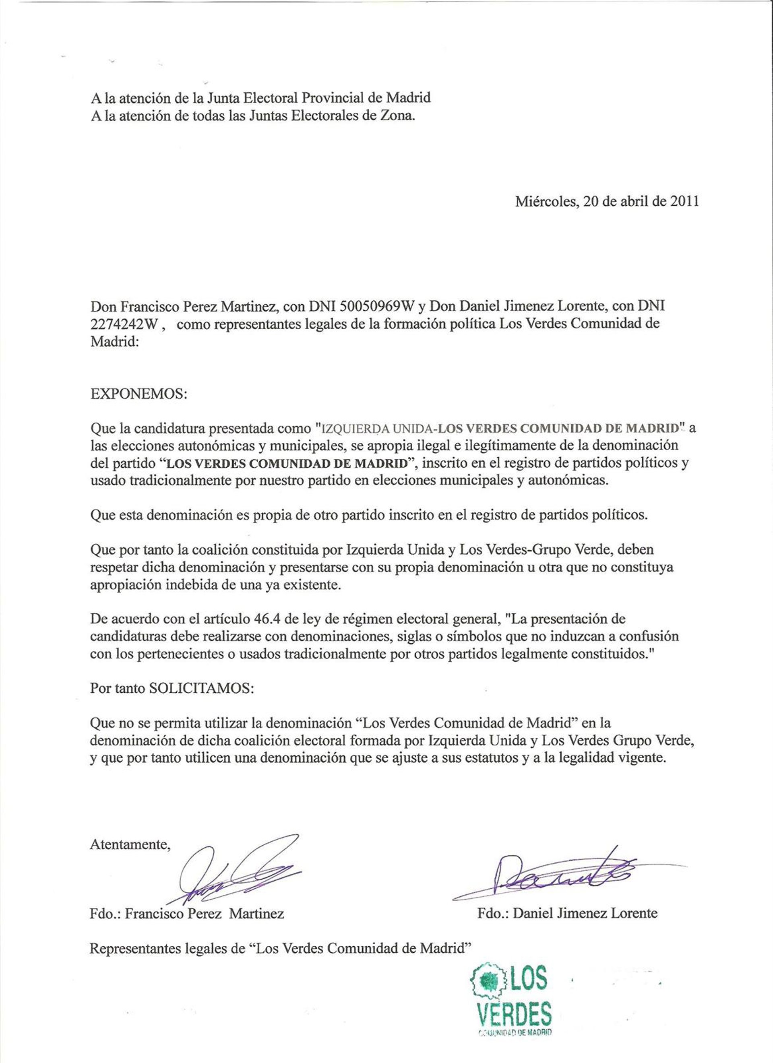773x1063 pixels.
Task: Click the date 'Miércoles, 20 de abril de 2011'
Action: click(x=607, y=202)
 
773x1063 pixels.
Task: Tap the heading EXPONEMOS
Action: click(x=139, y=393)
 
